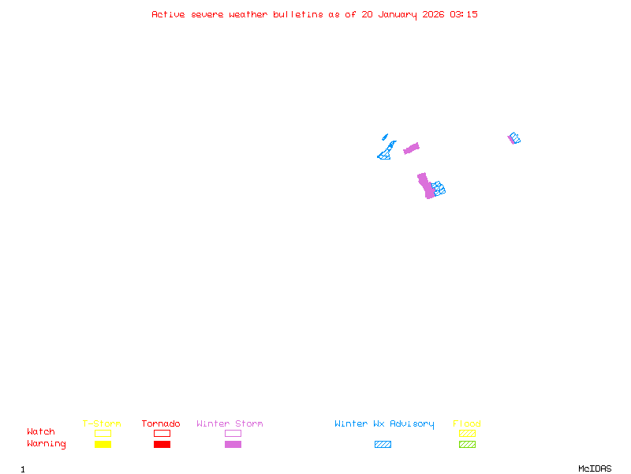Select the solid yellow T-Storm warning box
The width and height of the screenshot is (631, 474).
coord(103,444)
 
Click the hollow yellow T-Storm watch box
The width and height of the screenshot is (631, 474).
coord(103,433)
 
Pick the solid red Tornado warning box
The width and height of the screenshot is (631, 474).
coord(162,444)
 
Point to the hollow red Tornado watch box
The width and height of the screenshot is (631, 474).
coord(162,433)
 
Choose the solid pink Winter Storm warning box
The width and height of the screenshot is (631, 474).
coord(233,444)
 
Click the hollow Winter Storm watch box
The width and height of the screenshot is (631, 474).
coord(233,433)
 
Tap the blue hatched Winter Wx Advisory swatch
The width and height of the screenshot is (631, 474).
coord(383,444)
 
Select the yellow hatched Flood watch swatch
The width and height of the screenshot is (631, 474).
coord(467,433)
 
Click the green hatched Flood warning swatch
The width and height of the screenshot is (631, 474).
coord(467,444)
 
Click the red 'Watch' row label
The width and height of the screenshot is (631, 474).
coord(41,432)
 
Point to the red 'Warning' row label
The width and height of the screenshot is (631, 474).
coord(47,444)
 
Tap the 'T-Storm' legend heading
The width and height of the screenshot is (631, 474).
coord(102,424)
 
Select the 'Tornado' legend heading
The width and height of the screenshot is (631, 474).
coord(161,424)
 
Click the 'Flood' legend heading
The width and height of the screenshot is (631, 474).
coord(467,424)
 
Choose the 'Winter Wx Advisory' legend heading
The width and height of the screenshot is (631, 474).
coord(384,424)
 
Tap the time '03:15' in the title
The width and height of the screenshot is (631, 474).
coord(464,14)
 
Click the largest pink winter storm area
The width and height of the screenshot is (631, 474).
coord(426,186)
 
